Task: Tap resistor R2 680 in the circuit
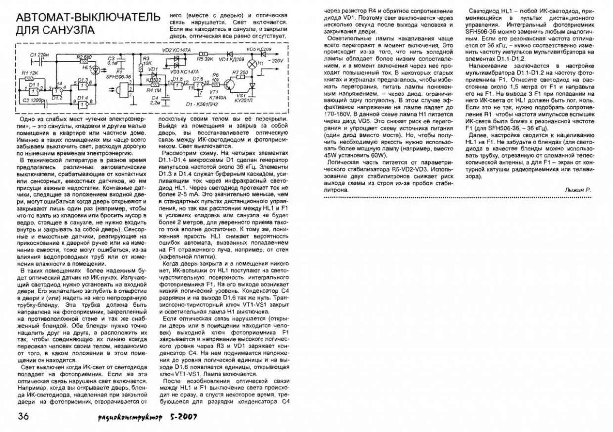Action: tap(85, 62)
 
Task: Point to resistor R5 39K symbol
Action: tap(202, 53)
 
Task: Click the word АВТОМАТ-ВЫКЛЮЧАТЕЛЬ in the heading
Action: tap(88, 17)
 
